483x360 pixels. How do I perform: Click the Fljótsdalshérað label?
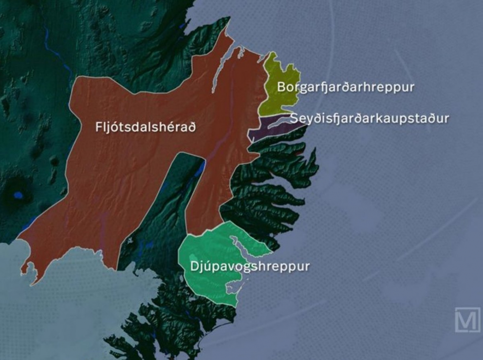pos(146,128)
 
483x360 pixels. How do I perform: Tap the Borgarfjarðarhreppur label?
pos(345,88)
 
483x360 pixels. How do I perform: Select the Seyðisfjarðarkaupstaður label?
pos(370,118)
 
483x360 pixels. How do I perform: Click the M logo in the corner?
pos(467,320)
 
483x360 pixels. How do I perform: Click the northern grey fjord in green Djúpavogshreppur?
pos(248,248)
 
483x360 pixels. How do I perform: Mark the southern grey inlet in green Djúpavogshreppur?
pos(233,288)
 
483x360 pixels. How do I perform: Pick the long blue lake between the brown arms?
pos(199,171)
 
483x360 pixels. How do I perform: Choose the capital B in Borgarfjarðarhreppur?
pos(281,88)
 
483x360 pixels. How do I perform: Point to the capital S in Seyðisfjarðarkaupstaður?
pos(295,118)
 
